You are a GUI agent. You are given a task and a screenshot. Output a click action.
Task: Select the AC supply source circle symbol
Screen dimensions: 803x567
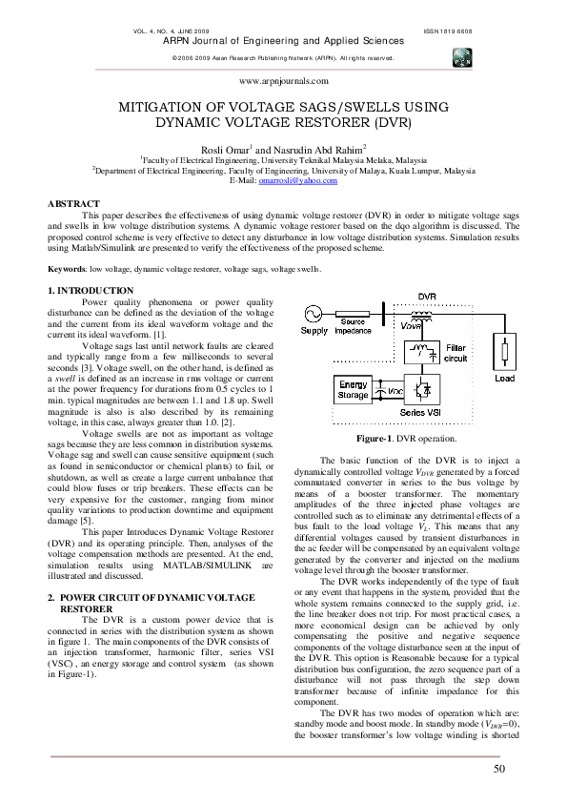tap(314, 313)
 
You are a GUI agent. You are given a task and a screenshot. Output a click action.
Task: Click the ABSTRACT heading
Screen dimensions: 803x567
tap(73, 203)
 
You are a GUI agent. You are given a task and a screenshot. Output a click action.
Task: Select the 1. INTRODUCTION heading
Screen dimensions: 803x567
tap(91, 289)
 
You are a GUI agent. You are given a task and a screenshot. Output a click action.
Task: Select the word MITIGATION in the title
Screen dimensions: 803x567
tap(162, 109)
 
